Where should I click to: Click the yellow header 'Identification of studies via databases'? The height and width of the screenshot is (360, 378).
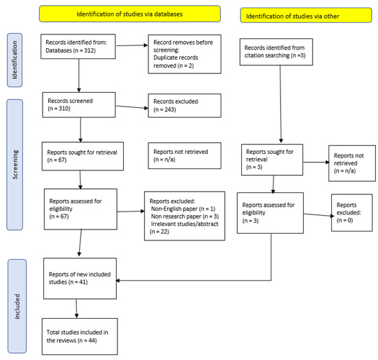pyautogui.click(x=130, y=13)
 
